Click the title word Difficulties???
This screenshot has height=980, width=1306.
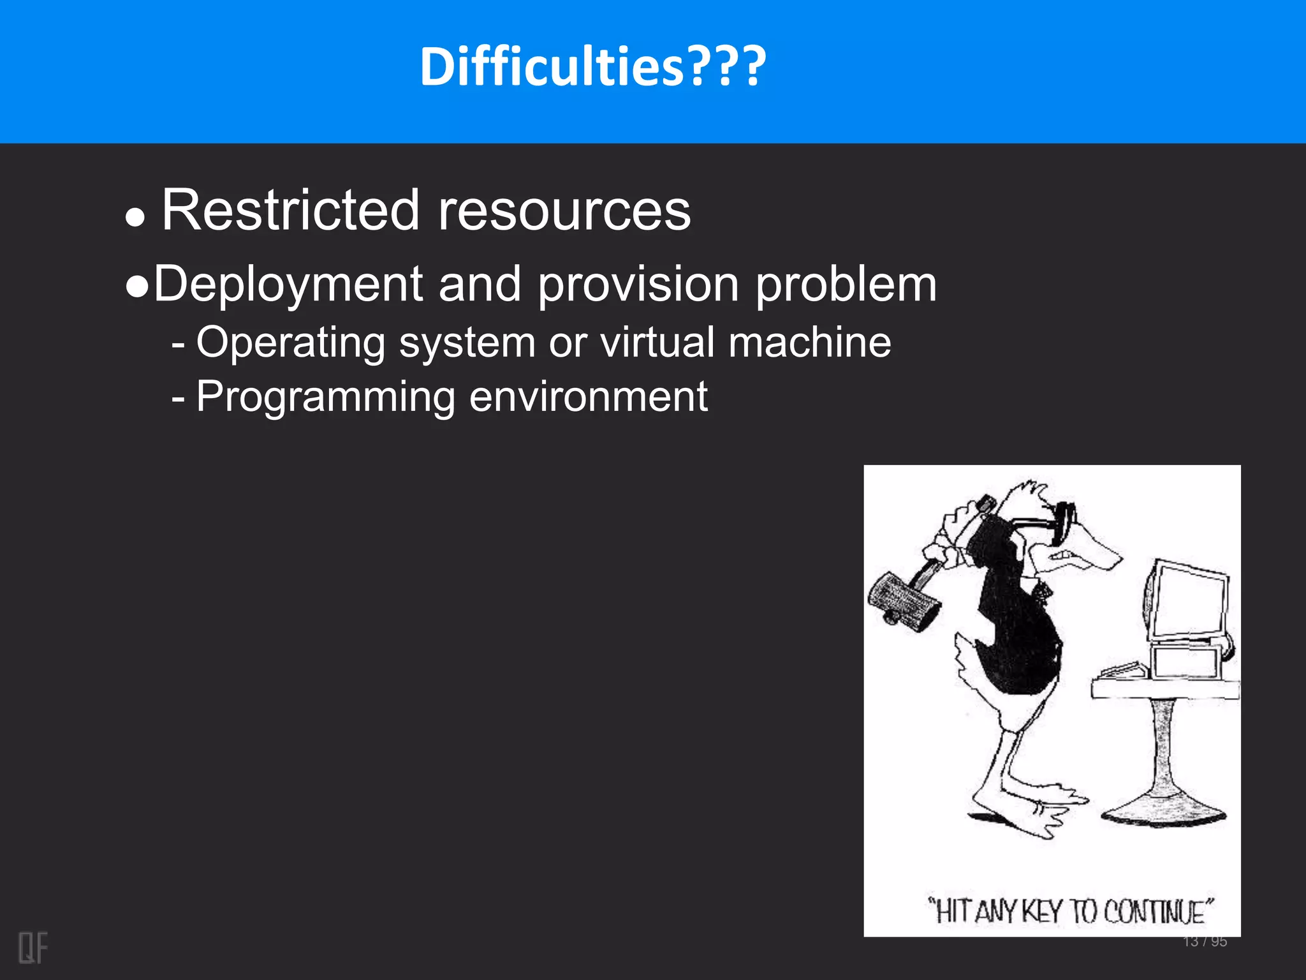[593, 67]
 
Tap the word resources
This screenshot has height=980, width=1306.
[564, 211]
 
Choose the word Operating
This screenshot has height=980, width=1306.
[290, 343]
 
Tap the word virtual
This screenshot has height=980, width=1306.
[657, 343]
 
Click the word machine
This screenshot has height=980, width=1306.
[810, 343]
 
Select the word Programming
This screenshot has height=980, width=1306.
[325, 397]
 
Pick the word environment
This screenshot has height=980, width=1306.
[588, 397]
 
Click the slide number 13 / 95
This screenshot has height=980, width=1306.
[1205, 942]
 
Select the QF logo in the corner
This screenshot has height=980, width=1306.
[33, 947]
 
